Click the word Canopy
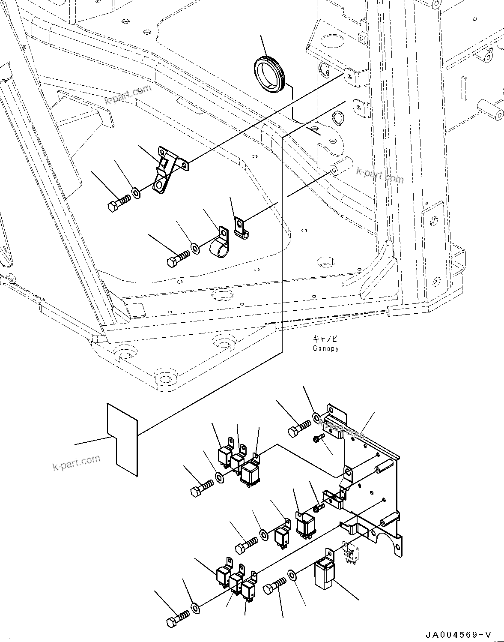coord(325,348)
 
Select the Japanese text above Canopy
coord(324,339)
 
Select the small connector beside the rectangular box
coord(350,552)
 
